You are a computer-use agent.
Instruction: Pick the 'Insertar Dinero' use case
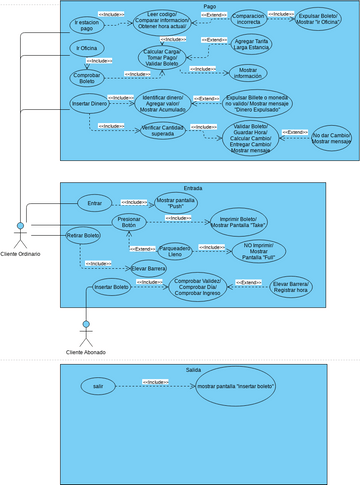point(89,103)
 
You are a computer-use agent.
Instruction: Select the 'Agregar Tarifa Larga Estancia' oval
point(258,46)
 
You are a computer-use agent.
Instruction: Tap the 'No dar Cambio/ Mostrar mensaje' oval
point(332,138)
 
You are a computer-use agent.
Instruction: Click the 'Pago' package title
point(209,6)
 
